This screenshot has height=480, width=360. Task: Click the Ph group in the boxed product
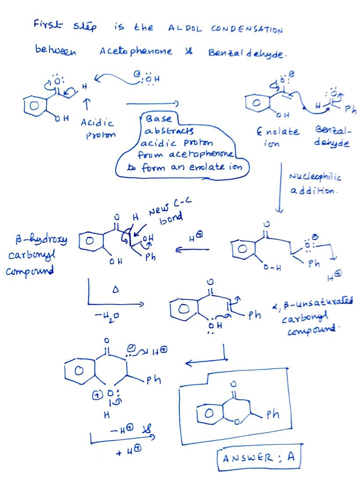271,415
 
